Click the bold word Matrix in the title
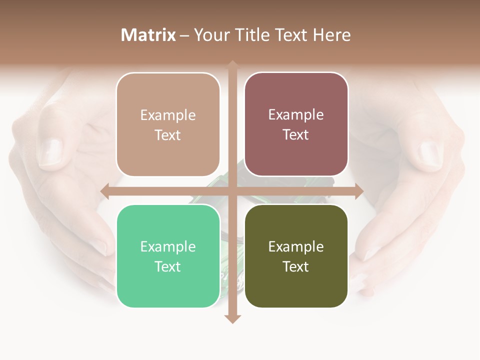point(148,35)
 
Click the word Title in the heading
point(252,35)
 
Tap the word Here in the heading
point(332,35)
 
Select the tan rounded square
point(168,124)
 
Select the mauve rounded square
point(296,124)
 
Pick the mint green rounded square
point(168,256)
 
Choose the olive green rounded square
point(296,256)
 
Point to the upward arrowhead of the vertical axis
point(232,64)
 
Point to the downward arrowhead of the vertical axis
point(232,318)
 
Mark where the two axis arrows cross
point(232,191)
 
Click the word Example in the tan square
point(168,115)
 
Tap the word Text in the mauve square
point(296,135)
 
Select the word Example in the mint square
point(168,247)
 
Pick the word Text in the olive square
point(296,267)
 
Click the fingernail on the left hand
point(50,151)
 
